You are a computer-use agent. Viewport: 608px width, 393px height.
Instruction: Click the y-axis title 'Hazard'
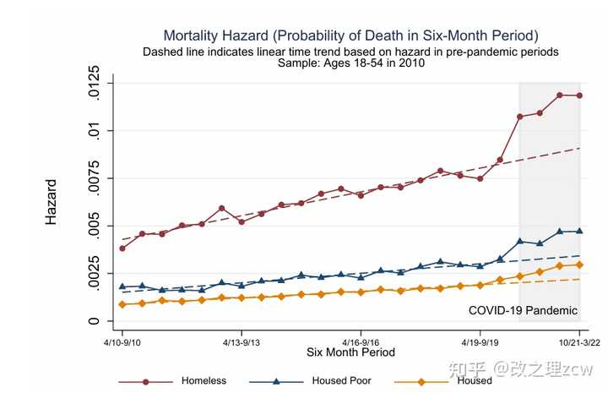point(52,201)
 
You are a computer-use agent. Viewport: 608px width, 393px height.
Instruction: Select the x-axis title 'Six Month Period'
point(350,352)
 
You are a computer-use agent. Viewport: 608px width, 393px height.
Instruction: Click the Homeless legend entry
point(204,380)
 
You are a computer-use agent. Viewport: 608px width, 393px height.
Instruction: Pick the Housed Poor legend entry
point(341,380)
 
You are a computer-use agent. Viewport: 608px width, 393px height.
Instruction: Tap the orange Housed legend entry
point(474,380)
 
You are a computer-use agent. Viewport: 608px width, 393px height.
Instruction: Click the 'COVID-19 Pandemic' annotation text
point(523,310)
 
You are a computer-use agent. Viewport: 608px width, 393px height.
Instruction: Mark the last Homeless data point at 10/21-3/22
point(579,96)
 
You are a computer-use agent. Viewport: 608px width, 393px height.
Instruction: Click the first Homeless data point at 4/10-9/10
point(122,248)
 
